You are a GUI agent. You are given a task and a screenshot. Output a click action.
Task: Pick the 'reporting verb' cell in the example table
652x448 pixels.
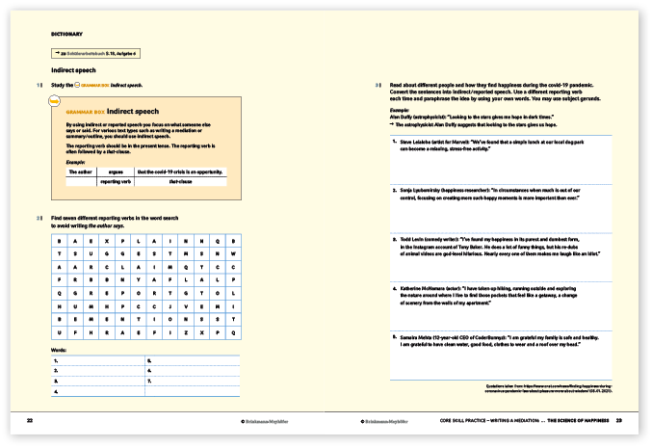(115, 181)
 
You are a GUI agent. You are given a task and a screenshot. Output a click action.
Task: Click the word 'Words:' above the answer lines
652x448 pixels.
(59, 350)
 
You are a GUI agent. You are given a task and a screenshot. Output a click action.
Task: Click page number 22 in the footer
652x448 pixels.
(30, 420)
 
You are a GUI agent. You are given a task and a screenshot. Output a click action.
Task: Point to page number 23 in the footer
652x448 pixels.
(619, 420)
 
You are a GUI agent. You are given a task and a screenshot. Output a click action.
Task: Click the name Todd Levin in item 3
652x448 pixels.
(413, 236)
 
